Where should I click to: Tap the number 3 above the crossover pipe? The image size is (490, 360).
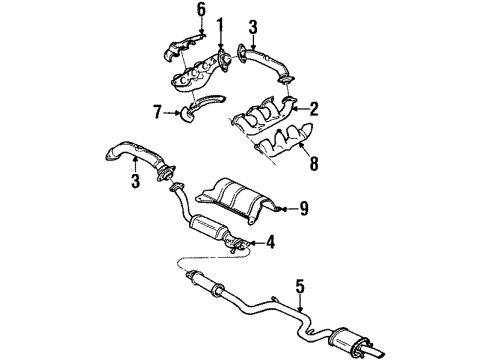[253, 26]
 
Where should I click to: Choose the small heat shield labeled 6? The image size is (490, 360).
[179, 41]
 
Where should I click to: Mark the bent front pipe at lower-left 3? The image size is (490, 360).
[134, 159]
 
